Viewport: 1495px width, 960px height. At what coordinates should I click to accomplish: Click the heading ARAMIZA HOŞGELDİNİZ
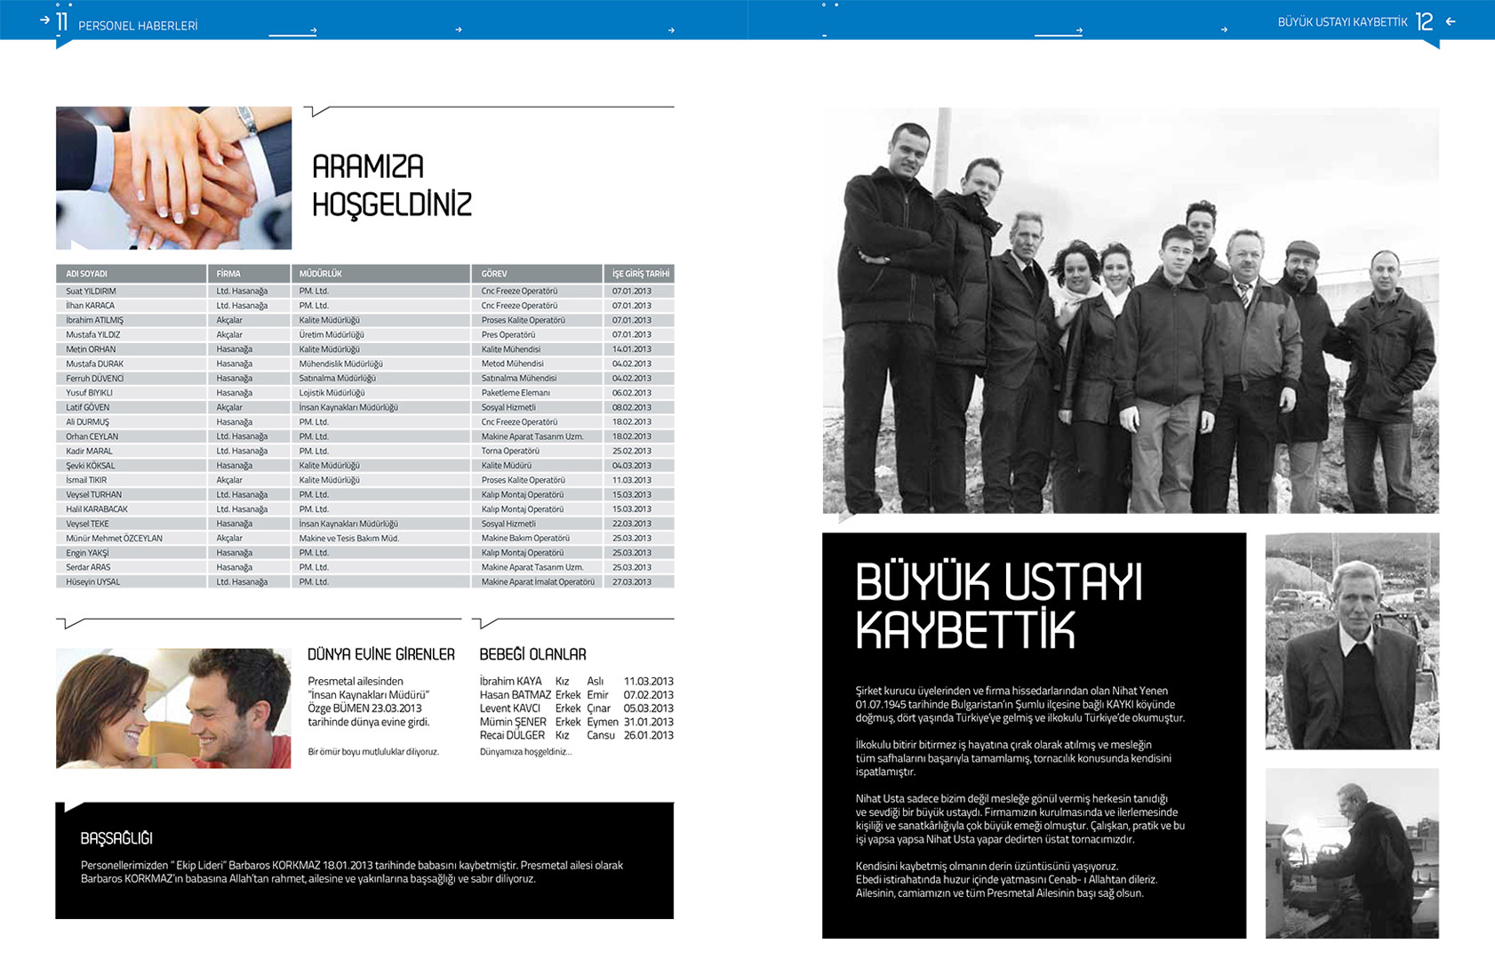(x=391, y=185)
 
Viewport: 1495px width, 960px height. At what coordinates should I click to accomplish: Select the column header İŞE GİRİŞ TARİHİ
(x=640, y=274)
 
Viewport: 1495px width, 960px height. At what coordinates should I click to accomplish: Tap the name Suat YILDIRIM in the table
(x=91, y=292)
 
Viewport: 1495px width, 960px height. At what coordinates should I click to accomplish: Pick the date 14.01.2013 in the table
(x=631, y=349)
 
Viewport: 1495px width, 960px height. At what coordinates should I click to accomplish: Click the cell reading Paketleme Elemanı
(x=516, y=393)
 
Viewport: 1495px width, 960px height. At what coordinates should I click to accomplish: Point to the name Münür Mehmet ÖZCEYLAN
(x=114, y=539)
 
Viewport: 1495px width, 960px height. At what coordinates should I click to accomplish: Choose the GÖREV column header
(x=494, y=274)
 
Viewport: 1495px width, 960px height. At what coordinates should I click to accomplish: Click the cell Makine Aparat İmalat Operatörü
(x=538, y=582)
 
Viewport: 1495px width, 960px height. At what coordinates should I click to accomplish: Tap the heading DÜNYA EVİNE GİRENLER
(x=380, y=655)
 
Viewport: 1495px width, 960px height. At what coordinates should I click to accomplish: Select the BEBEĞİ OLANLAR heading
(x=532, y=655)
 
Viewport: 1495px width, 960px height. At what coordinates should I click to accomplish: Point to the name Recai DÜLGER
(x=512, y=735)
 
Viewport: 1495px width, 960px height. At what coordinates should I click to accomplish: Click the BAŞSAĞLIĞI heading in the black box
(x=116, y=838)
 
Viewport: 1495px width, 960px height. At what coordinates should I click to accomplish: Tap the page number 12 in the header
(x=1424, y=22)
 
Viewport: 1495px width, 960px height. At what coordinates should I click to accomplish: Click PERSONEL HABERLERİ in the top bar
(x=138, y=26)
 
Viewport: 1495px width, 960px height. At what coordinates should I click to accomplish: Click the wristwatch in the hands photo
(x=248, y=119)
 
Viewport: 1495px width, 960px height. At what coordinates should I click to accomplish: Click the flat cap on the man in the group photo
(x=1303, y=248)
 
